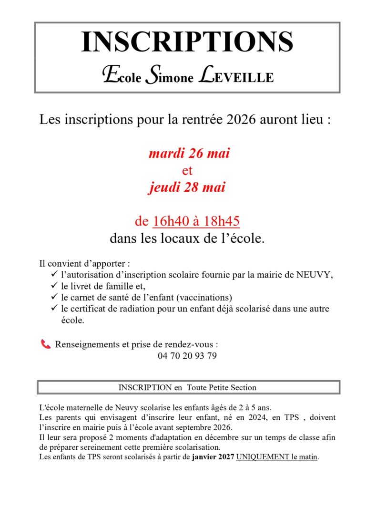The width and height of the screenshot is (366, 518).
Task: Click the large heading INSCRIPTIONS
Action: (x=187, y=42)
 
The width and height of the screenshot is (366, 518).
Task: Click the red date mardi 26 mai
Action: (x=189, y=154)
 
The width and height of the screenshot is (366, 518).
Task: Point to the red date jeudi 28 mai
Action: (x=186, y=187)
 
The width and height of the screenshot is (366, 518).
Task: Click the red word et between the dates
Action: (x=187, y=170)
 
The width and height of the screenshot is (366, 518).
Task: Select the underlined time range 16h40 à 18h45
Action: (x=196, y=221)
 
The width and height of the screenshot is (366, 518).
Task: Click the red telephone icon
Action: (x=46, y=344)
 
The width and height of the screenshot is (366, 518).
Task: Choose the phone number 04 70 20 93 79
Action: (x=187, y=356)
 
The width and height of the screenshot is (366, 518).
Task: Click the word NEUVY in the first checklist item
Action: (x=314, y=275)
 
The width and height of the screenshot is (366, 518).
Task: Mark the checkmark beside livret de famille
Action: (x=53, y=286)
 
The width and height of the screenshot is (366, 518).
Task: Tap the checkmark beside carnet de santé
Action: (x=53, y=297)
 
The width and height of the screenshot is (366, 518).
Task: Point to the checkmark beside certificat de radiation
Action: (x=53, y=309)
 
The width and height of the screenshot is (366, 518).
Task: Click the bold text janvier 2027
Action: (x=213, y=457)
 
